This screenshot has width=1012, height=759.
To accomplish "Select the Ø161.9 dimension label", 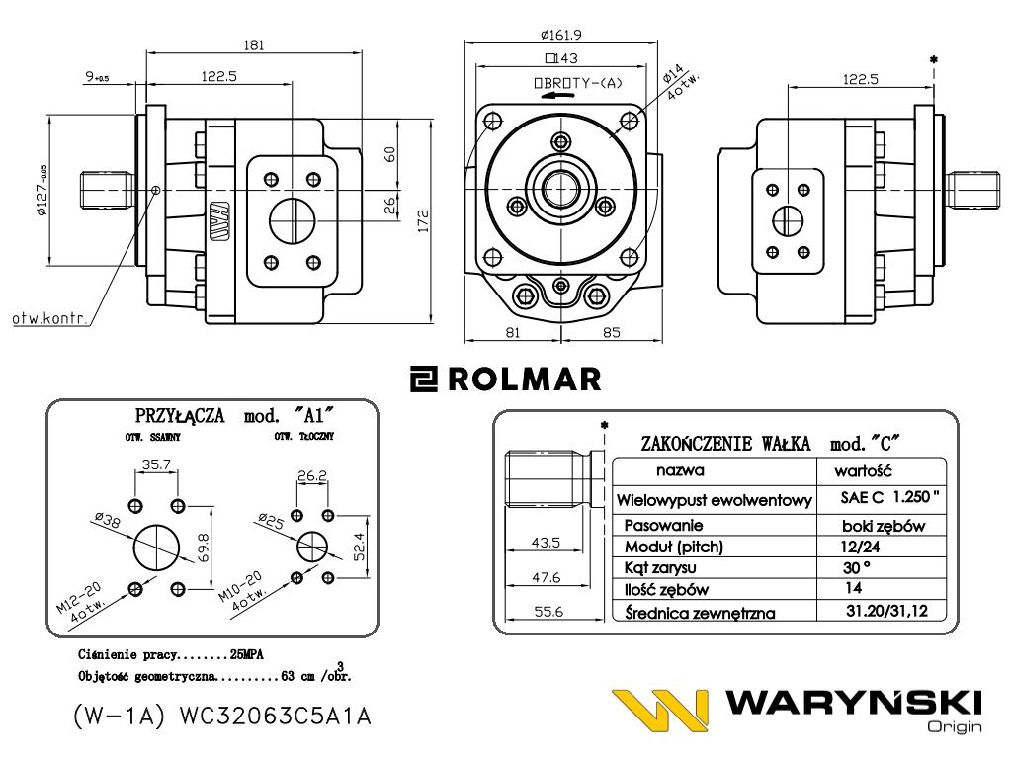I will click(x=560, y=36).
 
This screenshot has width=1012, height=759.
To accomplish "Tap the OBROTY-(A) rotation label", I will click(x=578, y=83).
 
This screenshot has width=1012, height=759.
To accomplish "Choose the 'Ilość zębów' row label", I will click(x=669, y=589).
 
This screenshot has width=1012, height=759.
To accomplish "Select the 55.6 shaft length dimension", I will click(x=549, y=612).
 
